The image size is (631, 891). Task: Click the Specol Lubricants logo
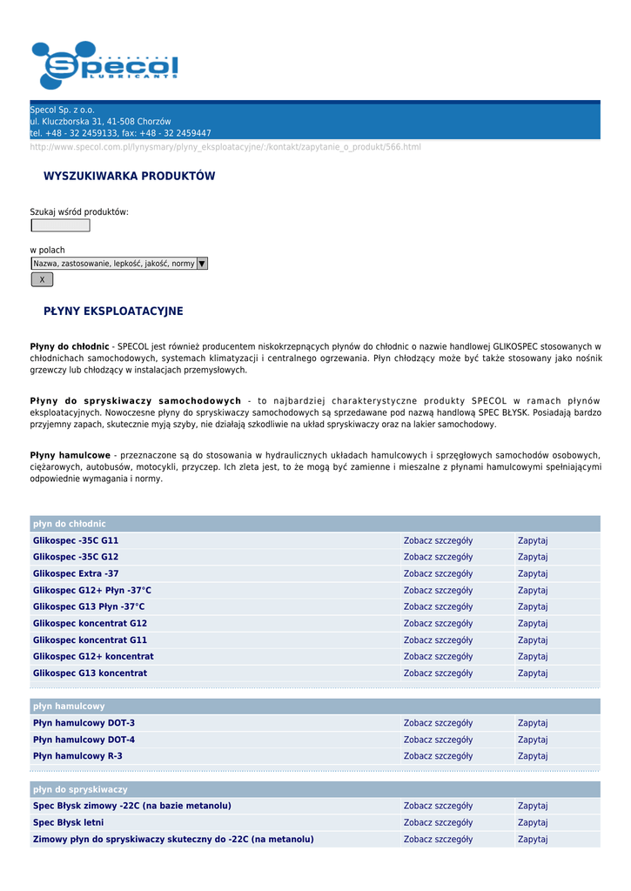[x=104, y=65]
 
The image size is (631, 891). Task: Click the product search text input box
[x=60, y=225]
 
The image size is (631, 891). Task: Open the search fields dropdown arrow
[x=202, y=264]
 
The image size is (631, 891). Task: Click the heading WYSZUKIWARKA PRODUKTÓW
[x=129, y=177]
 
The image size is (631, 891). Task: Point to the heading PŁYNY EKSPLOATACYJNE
[x=113, y=312]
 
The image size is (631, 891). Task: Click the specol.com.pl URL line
[x=225, y=147]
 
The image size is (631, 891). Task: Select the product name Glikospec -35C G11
[x=76, y=540]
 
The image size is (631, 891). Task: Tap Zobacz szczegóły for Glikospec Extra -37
[x=438, y=573]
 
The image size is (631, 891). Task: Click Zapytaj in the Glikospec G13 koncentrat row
[x=533, y=673]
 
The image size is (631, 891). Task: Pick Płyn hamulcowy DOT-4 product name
[x=84, y=740]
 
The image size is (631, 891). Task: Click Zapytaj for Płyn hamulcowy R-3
[x=533, y=756]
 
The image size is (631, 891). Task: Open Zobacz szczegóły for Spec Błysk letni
[x=438, y=822]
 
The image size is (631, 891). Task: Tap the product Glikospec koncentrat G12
[x=90, y=624]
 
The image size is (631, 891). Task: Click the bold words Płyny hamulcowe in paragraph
[x=70, y=455]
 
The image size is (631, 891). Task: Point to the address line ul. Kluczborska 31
[x=100, y=122]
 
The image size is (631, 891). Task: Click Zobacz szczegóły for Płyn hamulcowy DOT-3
[x=438, y=723]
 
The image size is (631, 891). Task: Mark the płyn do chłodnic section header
[x=70, y=524]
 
